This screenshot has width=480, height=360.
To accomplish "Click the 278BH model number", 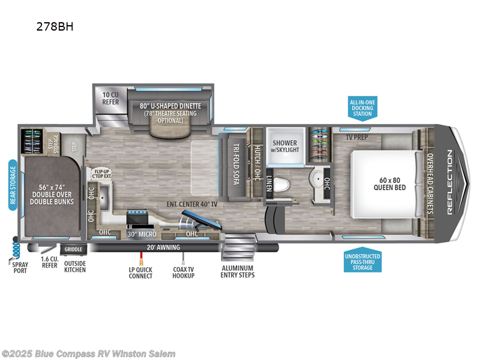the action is point(55,26).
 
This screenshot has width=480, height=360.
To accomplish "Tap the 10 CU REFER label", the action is point(110,98).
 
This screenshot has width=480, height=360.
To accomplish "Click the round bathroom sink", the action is point(317,179).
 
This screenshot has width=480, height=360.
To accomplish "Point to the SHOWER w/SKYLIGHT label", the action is point(285,146).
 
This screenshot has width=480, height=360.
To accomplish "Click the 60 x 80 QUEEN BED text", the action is point(389,184).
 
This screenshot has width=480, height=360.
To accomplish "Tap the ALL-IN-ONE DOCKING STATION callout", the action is point(362,109).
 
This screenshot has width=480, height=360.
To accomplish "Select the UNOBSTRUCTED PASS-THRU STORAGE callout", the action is point(363,260).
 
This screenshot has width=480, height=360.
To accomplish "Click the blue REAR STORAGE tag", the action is point(13,185).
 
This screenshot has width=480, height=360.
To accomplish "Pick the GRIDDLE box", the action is point(73,250).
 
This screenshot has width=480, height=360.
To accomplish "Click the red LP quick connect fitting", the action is point(141,259).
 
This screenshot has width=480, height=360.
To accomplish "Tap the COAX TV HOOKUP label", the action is point(184,272).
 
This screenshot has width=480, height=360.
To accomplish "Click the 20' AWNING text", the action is point(163,247).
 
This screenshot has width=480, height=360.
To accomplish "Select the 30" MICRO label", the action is point(142,234).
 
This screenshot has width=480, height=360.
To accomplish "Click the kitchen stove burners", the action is point(137,212).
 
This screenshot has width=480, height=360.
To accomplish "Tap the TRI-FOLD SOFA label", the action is point(236,164).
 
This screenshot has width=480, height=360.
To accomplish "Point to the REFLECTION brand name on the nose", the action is point(449,182).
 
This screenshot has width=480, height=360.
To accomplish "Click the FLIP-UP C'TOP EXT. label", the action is point(102,174).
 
